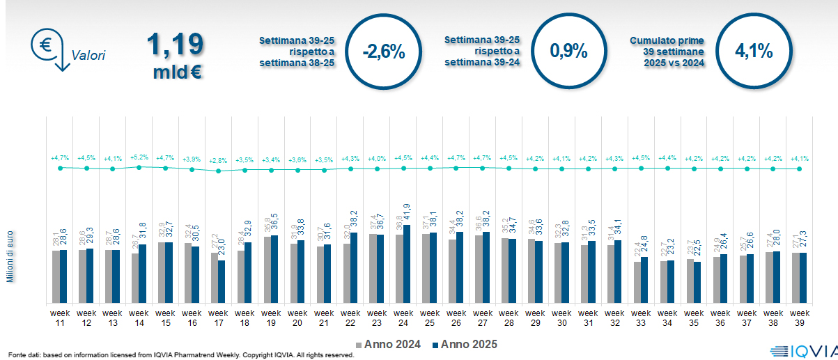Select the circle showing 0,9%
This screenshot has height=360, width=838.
(568, 52)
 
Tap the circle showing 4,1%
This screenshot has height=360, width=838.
(754, 52)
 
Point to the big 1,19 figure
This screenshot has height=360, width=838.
(175, 45)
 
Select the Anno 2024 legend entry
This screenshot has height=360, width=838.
(389, 345)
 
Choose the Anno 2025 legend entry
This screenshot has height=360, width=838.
(465, 345)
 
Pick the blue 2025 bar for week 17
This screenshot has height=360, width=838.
(222, 281)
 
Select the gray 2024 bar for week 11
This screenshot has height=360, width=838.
(56, 276)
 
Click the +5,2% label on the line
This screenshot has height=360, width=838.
(139, 157)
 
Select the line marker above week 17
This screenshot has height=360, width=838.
(218, 171)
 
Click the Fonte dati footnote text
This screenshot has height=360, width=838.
(181, 355)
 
